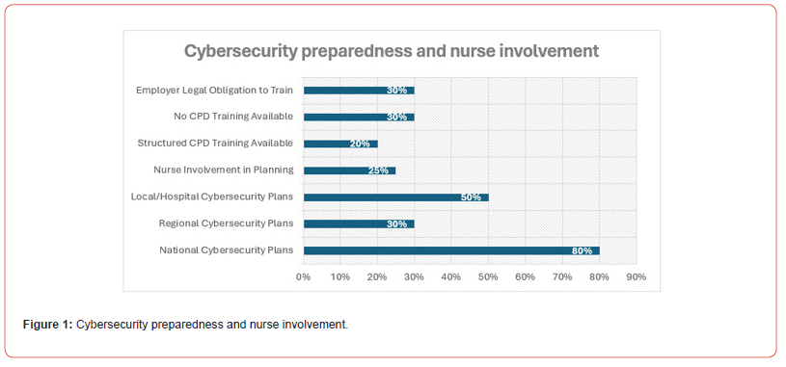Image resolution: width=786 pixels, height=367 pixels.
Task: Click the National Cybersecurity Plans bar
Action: point(451,250)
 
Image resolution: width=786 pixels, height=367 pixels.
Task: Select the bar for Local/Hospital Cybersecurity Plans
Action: point(395,197)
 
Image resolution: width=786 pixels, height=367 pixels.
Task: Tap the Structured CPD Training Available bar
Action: point(340,144)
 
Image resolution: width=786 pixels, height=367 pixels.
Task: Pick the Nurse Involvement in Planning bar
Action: point(349,170)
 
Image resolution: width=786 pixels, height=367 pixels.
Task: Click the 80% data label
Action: point(582,250)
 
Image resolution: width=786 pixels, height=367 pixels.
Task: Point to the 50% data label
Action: point(471,197)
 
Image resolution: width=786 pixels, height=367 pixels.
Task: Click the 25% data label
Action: point(378,170)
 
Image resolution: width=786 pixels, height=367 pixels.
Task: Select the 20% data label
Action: point(360,144)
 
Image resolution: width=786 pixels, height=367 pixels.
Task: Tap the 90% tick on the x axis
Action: point(637,276)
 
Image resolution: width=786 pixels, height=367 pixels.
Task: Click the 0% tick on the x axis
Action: point(303,276)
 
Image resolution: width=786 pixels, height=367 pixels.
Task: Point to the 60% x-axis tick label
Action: point(526,276)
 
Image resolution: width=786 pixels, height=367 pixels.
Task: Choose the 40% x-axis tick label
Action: point(451,276)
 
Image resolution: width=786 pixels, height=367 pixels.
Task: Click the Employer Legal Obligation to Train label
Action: point(214,91)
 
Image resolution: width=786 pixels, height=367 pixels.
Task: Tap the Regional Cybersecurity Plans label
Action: point(226,223)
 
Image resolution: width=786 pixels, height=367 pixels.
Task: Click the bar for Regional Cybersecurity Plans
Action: point(359,223)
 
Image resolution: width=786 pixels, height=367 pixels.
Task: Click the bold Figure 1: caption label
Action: point(48,325)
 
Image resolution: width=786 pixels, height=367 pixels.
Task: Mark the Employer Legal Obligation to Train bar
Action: point(359,91)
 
